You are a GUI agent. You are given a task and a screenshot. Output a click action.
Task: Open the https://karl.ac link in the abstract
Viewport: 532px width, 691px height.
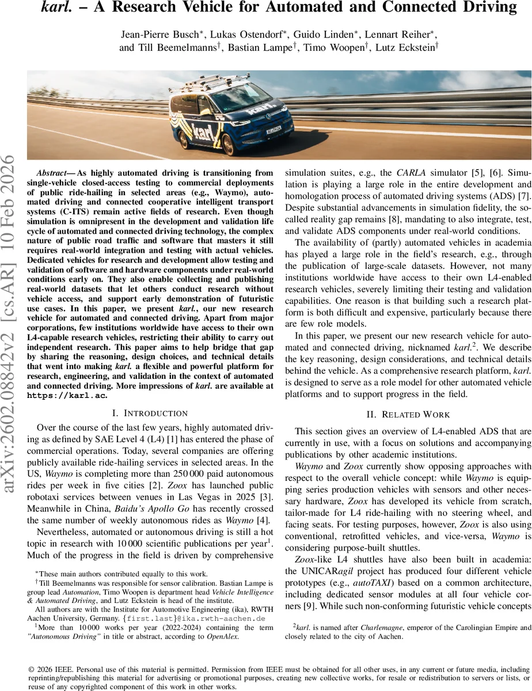[x=67, y=396]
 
